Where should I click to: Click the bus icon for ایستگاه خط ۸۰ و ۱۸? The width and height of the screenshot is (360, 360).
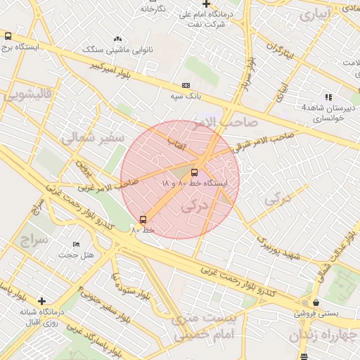194,172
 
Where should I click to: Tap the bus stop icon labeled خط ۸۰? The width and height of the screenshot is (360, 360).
143,219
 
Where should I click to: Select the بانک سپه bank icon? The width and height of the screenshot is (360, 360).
186,84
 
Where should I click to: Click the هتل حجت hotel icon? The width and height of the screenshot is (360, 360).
76,244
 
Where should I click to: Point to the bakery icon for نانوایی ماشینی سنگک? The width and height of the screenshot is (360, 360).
117,39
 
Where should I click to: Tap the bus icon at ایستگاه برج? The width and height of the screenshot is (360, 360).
8,36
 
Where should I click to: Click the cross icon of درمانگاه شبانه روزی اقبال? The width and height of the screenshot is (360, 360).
41,301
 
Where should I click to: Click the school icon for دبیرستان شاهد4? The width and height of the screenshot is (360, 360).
328,97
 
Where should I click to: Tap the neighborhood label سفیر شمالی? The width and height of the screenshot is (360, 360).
92,136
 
